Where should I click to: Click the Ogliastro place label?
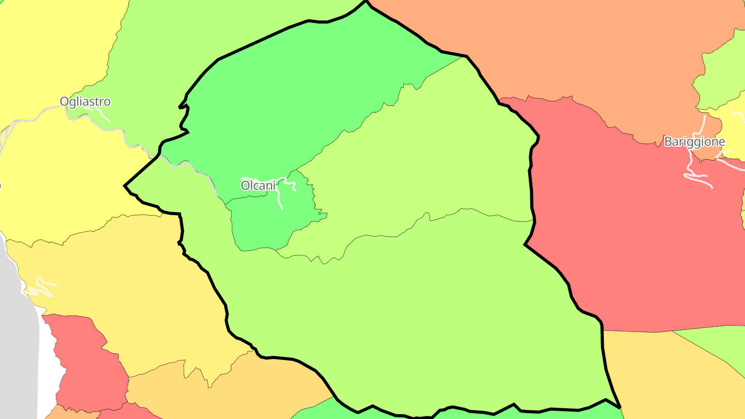click(x=85, y=101)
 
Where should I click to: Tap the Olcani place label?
click(x=258, y=185)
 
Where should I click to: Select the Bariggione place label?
click(x=694, y=141)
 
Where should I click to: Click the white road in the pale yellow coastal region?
click(x=41, y=288)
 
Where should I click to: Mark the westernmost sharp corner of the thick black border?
click(x=125, y=185)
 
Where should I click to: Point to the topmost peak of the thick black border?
click(x=366, y=2)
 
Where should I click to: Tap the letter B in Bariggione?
click(x=668, y=141)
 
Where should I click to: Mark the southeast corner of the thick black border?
click(x=619, y=407)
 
